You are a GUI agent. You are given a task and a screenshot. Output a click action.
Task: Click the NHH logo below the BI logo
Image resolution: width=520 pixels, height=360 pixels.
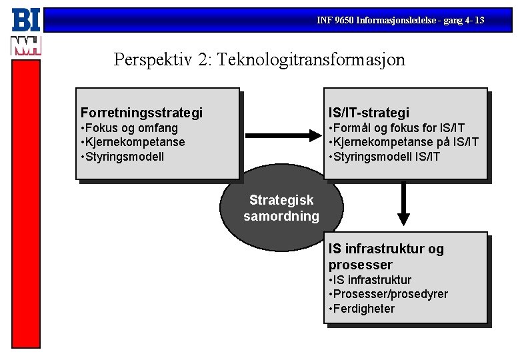pos(26,46)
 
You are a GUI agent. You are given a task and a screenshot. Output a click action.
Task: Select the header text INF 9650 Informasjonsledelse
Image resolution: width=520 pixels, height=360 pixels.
pos(401,21)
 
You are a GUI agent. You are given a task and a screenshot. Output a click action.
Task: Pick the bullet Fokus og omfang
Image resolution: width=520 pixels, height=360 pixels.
pos(131,127)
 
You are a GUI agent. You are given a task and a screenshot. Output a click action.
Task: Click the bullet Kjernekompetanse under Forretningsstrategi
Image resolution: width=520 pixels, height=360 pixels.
pos(134,142)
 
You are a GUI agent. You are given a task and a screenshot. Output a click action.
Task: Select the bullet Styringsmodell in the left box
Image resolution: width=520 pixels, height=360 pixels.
pos(123,157)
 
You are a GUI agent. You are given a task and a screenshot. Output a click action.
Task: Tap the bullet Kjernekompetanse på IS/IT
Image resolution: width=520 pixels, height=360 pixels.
pos(404,142)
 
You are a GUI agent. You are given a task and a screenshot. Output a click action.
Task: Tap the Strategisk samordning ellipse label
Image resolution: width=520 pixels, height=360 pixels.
pos(281,208)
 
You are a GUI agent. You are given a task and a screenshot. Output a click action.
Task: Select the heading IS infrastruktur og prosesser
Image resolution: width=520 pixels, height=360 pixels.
pos(385,257)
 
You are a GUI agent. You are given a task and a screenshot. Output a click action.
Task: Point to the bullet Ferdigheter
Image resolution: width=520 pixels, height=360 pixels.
pos(363,309)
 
